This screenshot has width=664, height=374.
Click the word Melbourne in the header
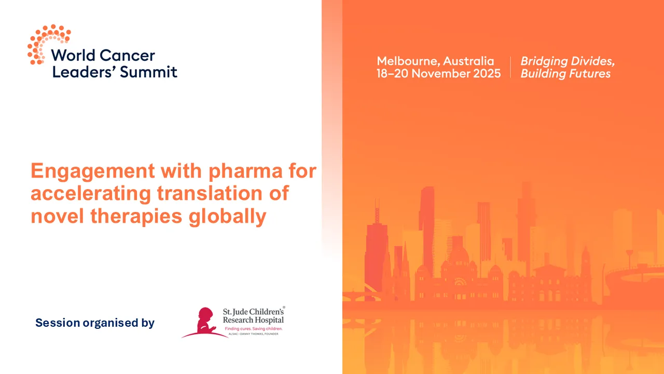tap(407, 61)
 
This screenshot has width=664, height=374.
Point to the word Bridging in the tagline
tap(543, 61)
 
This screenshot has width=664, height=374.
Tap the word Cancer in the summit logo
tap(127, 55)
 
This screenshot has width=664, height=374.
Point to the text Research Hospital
tap(253, 320)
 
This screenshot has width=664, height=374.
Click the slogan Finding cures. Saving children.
tap(253, 329)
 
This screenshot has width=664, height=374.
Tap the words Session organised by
tap(95, 323)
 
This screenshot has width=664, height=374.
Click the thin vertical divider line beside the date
tap(511, 67)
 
